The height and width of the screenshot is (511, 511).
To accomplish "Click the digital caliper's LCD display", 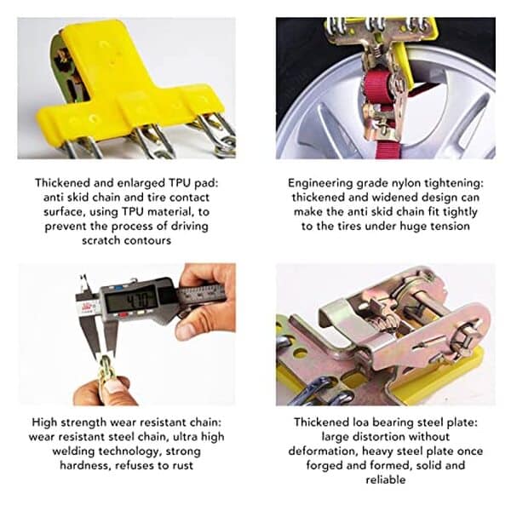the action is [x=132, y=300].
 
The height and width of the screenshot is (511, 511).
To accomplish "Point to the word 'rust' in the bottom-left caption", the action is [x=181, y=465].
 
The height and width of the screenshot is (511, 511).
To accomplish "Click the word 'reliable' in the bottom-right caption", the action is [x=386, y=479].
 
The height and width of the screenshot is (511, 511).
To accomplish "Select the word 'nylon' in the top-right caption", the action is [x=411, y=183].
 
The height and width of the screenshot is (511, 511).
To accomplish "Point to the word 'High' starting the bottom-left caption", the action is [x=44, y=422].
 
